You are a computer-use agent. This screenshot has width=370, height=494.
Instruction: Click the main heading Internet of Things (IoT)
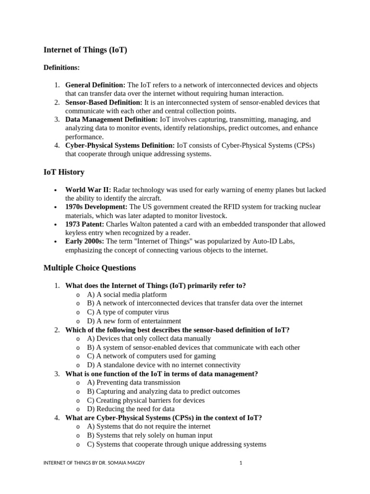tap(85, 50)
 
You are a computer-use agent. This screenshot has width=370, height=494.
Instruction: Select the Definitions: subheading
tap(62, 68)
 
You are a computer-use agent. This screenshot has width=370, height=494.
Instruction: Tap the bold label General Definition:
tap(95, 85)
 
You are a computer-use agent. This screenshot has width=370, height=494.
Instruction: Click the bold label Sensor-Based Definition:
tap(104, 102)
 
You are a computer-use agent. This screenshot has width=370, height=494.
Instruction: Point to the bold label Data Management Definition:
tap(111, 120)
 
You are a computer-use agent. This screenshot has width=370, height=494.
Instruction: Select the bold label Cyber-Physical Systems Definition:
tap(120, 145)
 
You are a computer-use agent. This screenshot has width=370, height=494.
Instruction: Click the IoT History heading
tap(64, 172)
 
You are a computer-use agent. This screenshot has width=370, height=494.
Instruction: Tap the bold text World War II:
tap(88, 190)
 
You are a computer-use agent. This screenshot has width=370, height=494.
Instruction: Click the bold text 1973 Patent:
tap(84, 224)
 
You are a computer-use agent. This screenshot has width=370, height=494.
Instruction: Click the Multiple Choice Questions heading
tap(90, 268)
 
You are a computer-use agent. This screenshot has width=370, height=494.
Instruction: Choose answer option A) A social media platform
tap(127, 294)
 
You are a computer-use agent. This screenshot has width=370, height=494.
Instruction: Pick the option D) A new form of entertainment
tap(134, 321)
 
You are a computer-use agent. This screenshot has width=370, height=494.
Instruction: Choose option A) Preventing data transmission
tap(133, 383)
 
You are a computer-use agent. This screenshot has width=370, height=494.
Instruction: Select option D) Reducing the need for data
tap(131, 409)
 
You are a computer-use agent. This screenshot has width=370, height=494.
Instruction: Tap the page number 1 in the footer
tap(240, 463)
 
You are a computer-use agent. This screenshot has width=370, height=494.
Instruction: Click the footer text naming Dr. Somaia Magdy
tap(94, 463)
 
